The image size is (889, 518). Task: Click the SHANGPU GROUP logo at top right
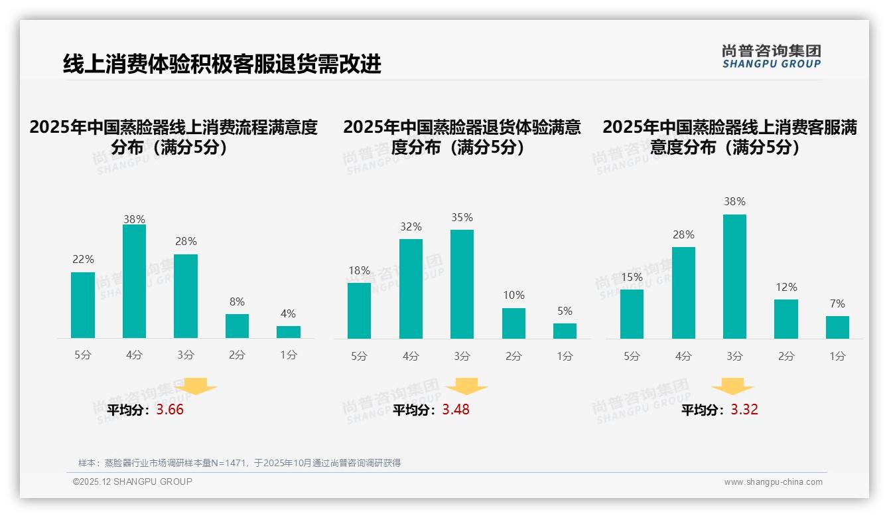[771, 56]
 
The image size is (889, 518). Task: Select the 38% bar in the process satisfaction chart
[134, 281]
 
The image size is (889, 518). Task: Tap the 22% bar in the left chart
[83, 305]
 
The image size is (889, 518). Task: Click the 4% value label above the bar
[288, 314]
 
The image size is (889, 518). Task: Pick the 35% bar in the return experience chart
[462, 284]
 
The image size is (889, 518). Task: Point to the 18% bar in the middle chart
[359, 310]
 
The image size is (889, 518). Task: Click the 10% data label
[513, 296]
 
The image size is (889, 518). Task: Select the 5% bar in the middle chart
[565, 331]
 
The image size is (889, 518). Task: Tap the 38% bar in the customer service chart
[734, 276]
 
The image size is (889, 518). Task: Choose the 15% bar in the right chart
[632, 313]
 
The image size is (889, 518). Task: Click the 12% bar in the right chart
[786, 319]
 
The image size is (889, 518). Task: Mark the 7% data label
[837, 304]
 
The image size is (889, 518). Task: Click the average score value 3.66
[170, 410]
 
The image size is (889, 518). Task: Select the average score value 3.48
[456, 410]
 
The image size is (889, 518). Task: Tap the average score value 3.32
[744, 410]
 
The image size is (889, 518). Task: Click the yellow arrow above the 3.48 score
[466, 387]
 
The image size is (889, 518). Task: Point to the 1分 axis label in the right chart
[837, 357]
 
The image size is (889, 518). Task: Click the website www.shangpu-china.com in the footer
[773, 482]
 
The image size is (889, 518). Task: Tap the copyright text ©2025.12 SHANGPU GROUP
[133, 481]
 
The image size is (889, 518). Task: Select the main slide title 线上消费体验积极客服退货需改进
[222, 64]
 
